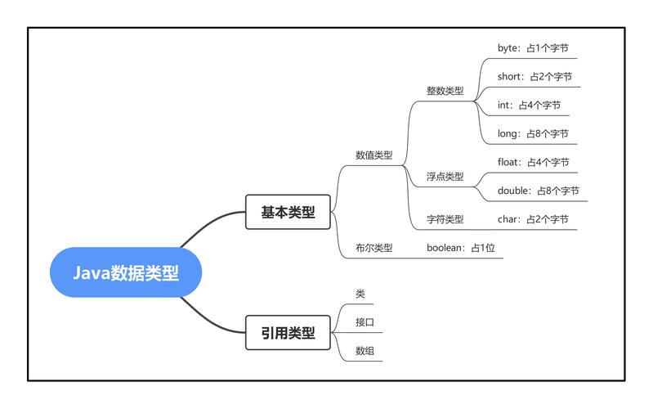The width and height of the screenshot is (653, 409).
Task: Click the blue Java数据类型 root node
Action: click(125, 273)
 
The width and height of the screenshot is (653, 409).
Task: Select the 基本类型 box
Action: click(287, 213)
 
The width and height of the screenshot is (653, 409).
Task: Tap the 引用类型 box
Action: click(287, 332)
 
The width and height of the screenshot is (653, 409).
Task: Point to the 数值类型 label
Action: click(373, 155)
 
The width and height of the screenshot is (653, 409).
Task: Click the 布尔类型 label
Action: click(373, 248)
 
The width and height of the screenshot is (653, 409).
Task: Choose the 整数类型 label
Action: click(445, 91)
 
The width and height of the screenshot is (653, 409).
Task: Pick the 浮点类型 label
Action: click(445, 177)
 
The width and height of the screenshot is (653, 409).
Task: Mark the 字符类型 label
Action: click(445, 219)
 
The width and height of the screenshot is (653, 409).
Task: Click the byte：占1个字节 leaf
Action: click(531, 48)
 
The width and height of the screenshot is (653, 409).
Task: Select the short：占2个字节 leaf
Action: click(534, 77)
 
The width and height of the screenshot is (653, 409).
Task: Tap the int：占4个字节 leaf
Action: click(529, 106)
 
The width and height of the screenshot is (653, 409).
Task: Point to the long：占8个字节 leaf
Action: click(533, 133)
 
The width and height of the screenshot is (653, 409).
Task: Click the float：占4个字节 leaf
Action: click(533, 162)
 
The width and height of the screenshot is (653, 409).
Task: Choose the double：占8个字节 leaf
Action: click(538, 191)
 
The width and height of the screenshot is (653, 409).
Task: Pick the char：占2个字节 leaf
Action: click(533, 219)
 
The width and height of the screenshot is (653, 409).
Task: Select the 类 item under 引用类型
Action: click(360, 294)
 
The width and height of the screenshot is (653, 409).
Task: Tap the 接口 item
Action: click(365, 322)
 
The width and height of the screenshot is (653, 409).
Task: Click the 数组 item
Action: click(365, 351)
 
